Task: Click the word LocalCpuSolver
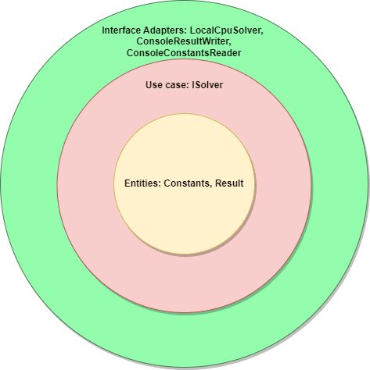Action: (x=225, y=30)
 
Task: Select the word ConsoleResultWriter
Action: (x=183, y=41)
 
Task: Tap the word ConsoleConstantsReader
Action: (x=184, y=53)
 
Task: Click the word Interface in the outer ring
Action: (x=121, y=30)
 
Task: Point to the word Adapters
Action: (x=163, y=31)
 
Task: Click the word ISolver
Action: (x=207, y=85)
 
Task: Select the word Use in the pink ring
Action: (x=152, y=85)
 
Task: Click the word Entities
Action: (x=141, y=183)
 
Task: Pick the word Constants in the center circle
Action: (x=186, y=183)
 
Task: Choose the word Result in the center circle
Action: (x=229, y=183)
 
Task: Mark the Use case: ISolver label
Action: (x=184, y=85)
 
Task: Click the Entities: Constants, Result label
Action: (x=184, y=183)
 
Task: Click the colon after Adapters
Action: (x=186, y=31)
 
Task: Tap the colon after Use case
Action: (x=189, y=86)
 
